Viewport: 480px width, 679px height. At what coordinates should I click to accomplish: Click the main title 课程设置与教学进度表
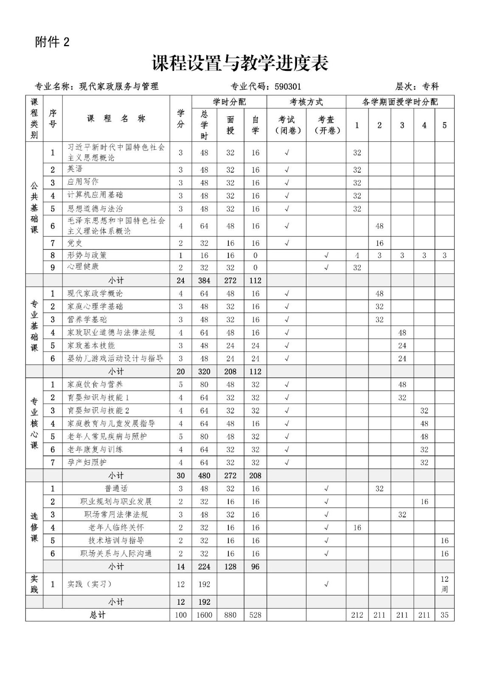click(240, 64)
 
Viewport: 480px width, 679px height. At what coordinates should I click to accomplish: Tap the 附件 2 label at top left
click(52, 42)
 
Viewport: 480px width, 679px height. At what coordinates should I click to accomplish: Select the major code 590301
click(288, 87)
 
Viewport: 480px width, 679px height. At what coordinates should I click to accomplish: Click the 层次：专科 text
click(417, 87)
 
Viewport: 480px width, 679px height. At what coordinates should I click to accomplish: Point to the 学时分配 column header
click(229, 102)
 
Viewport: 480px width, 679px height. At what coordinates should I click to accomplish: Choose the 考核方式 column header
click(306, 102)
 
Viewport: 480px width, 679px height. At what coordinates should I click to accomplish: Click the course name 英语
click(75, 169)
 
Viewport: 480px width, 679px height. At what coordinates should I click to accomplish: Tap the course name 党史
click(75, 243)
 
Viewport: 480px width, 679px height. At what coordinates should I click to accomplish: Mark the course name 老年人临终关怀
click(116, 527)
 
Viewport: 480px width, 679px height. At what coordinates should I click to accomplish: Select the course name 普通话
click(116, 488)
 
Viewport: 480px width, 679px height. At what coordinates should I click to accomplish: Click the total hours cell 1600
click(204, 615)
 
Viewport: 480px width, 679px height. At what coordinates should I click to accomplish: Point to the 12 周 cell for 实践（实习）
click(444, 584)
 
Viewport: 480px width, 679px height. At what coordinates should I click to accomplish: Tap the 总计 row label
click(98, 615)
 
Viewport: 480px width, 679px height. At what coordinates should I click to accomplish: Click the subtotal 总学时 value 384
click(204, 281)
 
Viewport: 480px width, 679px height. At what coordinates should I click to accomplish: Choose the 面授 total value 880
click(230, 615)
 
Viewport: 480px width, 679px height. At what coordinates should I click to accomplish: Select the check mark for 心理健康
click(326, 267)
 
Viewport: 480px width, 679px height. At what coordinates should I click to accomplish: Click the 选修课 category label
click(34, 527)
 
